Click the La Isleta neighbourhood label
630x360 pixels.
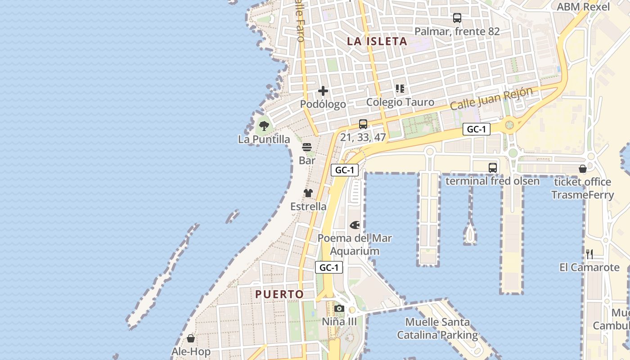377,41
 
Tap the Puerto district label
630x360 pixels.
279,294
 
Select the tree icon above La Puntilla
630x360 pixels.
264,126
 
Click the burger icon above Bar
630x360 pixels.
307,147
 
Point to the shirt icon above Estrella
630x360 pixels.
308,193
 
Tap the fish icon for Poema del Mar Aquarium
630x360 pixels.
355,225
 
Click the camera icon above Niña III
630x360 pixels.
339,309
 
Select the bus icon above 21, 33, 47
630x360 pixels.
363,124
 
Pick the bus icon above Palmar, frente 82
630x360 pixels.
457,18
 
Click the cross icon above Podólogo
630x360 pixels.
323,91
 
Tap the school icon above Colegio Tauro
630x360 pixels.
400,89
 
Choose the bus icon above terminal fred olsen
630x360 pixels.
493,168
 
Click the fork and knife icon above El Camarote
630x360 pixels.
589,254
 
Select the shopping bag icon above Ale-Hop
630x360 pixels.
191,338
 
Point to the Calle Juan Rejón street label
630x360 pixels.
491,99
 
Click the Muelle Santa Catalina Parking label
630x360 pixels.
437,328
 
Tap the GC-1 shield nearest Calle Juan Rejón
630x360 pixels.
477,130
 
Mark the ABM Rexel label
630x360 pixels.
583,7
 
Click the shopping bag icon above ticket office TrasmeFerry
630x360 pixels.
583,169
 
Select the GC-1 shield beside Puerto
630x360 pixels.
329,268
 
